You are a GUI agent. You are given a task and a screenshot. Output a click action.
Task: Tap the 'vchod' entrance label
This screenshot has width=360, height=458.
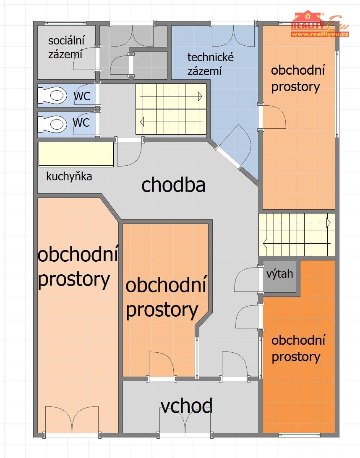click(186, 406)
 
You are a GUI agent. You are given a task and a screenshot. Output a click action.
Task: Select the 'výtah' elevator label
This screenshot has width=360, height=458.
click(279, 274)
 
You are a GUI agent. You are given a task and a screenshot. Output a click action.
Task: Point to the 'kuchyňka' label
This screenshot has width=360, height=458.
click(69, 177)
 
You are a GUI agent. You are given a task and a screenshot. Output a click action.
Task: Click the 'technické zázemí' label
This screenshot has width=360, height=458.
click(210, 64)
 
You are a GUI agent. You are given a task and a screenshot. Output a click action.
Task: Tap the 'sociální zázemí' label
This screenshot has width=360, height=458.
click(66, 47)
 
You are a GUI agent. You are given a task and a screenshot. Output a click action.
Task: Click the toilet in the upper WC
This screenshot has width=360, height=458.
click(52, 96)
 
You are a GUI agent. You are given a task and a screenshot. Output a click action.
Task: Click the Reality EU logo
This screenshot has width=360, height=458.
click(320, 23)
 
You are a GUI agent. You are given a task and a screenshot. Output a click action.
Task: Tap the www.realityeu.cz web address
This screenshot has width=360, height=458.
click(320, 34)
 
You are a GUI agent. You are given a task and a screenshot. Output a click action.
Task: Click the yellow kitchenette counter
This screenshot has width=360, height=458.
click(76, 154)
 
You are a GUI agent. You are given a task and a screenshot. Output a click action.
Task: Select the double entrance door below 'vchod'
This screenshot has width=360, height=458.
click(185, 421)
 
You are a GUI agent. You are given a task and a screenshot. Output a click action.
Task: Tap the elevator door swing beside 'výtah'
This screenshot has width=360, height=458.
click(247, 279)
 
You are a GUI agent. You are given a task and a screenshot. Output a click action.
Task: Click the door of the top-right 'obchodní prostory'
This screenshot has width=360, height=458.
click(273, 117)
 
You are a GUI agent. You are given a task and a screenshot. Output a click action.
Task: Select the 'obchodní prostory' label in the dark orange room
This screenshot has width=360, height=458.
click(298, 349)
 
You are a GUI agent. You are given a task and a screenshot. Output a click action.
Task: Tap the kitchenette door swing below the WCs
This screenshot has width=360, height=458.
click(130, 154)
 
